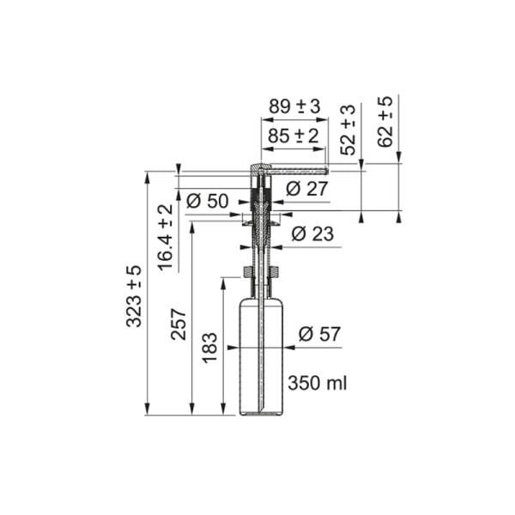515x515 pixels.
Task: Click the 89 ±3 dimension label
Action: [294, 106]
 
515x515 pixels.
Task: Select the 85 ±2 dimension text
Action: [294, 136]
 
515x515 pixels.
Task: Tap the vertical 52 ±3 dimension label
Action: [348, 129]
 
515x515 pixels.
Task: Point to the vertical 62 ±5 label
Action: [385, 121]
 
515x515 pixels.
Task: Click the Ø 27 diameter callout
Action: [306, 189]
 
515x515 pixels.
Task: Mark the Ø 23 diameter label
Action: [312, 233]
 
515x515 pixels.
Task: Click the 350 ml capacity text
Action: [318, 383]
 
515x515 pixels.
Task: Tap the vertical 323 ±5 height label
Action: [135, 296]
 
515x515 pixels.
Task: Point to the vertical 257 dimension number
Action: [179, 324]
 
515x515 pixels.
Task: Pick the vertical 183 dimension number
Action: [210, 348]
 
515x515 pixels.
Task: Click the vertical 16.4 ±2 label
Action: [166, 238]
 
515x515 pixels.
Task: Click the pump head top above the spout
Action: [259, 166]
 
